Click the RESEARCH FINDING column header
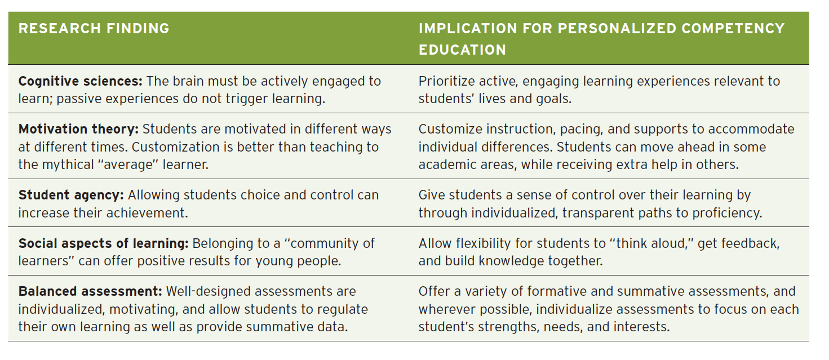[x=94, y=29]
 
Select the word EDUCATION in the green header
[x=462, y=50]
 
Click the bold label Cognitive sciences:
[x=81, y=81]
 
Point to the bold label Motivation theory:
[x=78, y=129]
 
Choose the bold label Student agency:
[x=71, y=195]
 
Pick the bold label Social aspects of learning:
[x=104, y=243]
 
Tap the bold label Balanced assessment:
[x=90, y=292]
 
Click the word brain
[x=188, y=81]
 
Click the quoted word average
[x=128, y=165]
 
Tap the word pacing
[x=581, y=129]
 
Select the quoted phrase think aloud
[x=651, y=243]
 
